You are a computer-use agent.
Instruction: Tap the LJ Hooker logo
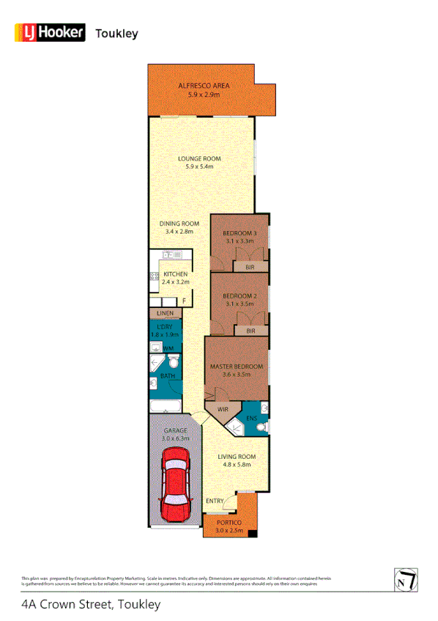[x=51, y=33]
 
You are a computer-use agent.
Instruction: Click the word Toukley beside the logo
[x=117, y=34]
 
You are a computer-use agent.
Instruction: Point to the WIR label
[x=223, y=410]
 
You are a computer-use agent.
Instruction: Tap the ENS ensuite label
[x=251, y=419]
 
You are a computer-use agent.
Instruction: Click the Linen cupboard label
[x=165, y=313]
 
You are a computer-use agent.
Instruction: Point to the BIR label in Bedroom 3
[x=250, y=268]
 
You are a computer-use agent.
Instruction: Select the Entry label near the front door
[x=214, y=501]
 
